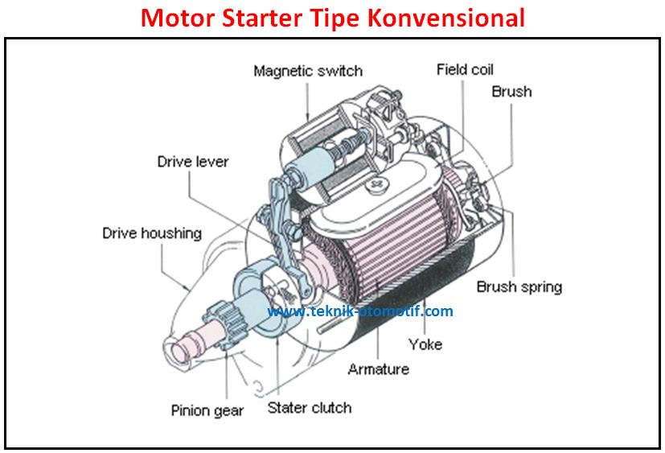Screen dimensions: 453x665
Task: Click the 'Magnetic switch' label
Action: (x=307, y=71)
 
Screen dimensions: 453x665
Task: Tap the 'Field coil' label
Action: (x=464, y=69)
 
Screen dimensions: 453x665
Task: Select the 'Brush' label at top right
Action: (x=511, y=92)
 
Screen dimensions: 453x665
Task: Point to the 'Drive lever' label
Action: (x=192, y=162)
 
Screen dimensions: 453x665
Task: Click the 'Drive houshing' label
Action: (x=151, y=233)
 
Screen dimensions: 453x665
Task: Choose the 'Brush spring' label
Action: (x=519, y=286)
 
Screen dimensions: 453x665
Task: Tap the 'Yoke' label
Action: (x=425, y=344)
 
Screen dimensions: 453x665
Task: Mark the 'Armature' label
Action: (x=378, y=369)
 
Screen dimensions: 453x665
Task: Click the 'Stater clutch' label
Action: (x=310, y=407)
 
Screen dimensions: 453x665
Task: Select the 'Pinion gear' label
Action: (x=207, y=410)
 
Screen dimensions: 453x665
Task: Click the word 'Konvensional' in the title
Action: (x=446, y=18)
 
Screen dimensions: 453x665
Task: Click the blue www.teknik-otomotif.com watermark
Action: (x=360, y=311)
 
